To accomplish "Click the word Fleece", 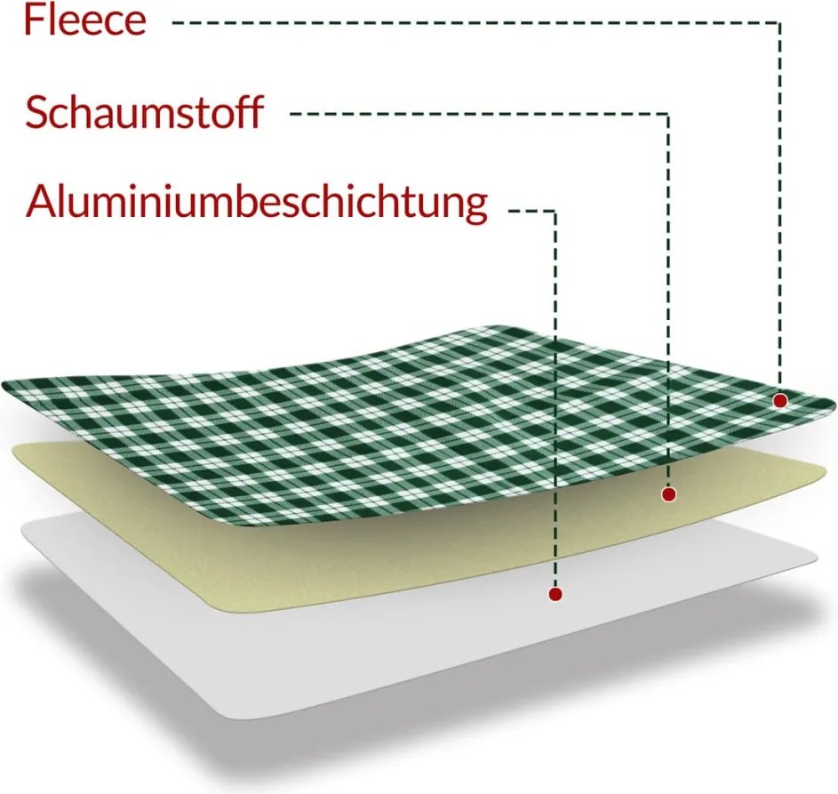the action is click(85, 20).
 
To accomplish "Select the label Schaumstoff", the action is click(144, 112).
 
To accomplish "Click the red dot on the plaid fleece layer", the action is click(780, 400).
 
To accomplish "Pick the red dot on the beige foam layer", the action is click(668, 494).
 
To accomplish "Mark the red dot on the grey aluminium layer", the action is click(555, 593).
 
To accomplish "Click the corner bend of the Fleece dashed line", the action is click(780, 23).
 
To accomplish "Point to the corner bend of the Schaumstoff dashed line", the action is click(668, 113).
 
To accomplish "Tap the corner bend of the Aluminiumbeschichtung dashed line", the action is click(555, 212).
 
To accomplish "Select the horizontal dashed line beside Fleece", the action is click(476, 23).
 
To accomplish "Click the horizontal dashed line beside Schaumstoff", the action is click(479, 113).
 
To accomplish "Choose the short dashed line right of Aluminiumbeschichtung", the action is click(531, 212).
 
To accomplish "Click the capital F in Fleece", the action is click(33, 20).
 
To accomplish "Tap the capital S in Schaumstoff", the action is click(36, 112).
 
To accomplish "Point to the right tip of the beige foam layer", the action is click(825, 470).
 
